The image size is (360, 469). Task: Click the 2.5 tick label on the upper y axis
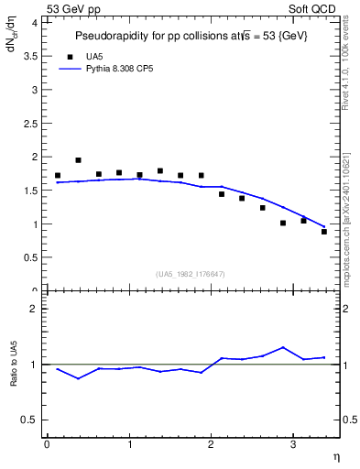pyautogui.click(x=32, y=123)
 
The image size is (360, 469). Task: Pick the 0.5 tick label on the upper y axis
pyautogui.click(x=32, y=257)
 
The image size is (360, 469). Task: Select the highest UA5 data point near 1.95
pyautogui.click(x=78, y=160)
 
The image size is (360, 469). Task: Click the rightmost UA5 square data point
pyautogui.click(x=324, y=232)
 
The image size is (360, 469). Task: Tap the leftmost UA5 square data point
pyautogui.click(x=58, y=175)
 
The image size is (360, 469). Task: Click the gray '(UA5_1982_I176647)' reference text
pyautogui.click(x=191, y=274)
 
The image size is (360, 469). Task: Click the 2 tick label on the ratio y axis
pyautogui.click(x=36, y=309)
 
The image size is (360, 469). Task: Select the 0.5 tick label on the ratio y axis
pyautogui.click(x=32, y=420)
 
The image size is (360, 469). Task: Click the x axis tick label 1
pyautogui.click(x=128, y=445)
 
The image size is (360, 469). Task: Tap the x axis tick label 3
pyautogui.click(x=292, y=445)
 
